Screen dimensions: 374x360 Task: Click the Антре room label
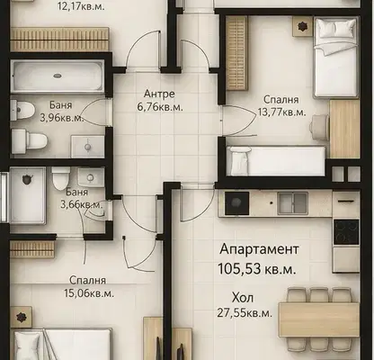pos(159,94)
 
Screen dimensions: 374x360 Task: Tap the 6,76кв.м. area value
pos(160,107)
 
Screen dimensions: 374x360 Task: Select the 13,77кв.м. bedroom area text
pos(281,112)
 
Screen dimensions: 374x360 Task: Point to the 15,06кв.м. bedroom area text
pos(89,293)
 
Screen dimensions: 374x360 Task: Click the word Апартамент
pos(259,249)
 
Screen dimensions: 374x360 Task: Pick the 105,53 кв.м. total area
pos(257,269)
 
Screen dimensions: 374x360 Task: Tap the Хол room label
pos(243,298)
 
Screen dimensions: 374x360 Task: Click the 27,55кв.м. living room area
pos(245,313)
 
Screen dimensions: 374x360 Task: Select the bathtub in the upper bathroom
pos(58,76)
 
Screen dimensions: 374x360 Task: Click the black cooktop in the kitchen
pos(346,232)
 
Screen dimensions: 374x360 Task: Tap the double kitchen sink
pos(293,203)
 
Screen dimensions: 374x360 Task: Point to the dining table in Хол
pos(319,319)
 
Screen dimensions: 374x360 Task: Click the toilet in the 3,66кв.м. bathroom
pos(61,178)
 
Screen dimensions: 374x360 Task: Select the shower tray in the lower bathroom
pos(28,195)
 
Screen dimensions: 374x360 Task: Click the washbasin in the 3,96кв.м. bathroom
pos(87,147)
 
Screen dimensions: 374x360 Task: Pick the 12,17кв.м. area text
pos(81,6)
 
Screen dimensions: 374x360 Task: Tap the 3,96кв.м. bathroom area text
pos(62,118)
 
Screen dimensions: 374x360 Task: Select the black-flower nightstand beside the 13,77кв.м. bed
pos(302,27)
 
